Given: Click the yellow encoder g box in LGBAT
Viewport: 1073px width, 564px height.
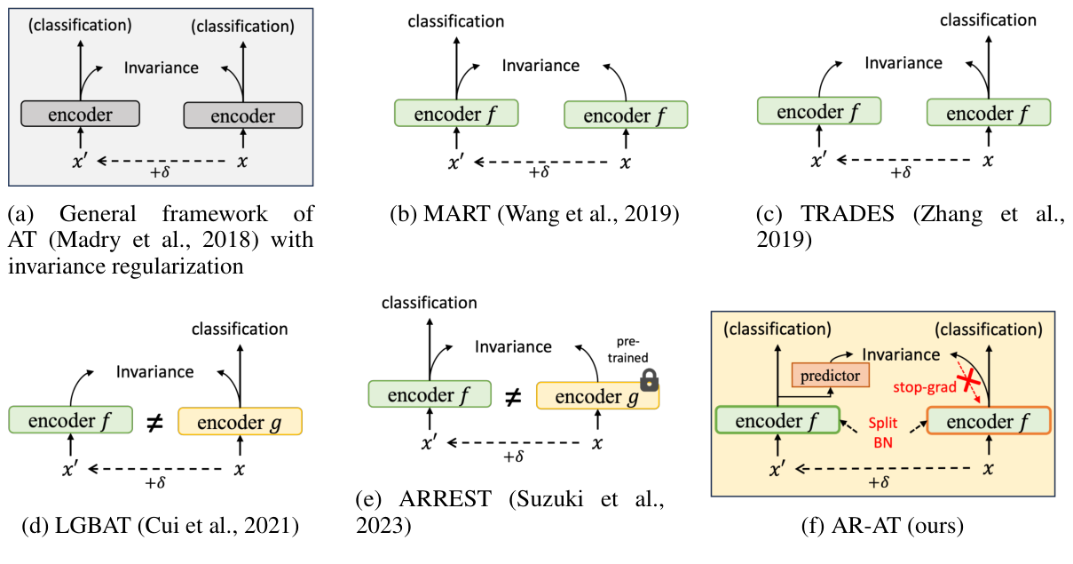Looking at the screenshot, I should tap(240, 420).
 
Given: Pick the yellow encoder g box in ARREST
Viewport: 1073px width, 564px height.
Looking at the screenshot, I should tap(598, 396).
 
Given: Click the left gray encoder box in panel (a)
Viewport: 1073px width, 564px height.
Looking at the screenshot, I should tap(80, 114).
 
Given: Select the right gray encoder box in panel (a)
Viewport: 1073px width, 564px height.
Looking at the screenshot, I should tap(242, 115).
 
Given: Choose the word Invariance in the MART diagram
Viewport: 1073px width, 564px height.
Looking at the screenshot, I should tap(540, 65).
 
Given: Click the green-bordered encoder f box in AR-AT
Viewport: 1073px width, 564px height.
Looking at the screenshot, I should tap(777, 420).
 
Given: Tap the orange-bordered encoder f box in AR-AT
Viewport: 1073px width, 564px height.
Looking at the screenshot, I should tap(988, 421).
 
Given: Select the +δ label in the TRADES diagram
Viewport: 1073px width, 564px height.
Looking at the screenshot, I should tap(900, 173).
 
